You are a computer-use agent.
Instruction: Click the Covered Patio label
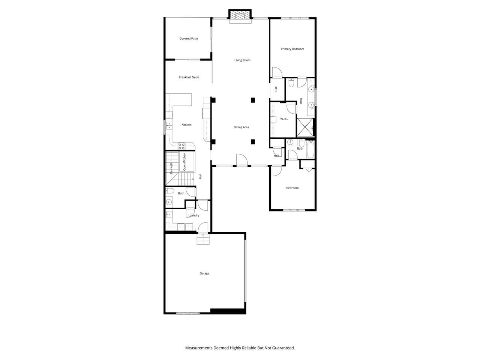click(x=189, y=39)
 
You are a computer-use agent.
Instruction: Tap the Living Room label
click(x=242, y=60)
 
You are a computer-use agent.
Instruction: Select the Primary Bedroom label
click(x=292, y=49)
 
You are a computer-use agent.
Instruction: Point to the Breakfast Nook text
click(x=189, y=77)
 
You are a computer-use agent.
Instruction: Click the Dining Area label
click(x=241, y=127)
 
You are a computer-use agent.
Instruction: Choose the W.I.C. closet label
click(x=284, y=119)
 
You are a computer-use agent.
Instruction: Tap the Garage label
click(x=204, y=273)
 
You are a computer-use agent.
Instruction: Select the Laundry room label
click(x=194, y=216)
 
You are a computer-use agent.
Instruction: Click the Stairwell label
click(x=171, y=169)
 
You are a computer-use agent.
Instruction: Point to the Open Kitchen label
click(x=184, y=162)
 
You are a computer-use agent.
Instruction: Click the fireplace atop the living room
click(x=240, y=14)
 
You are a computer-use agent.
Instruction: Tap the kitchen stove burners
click(x=181, y=146)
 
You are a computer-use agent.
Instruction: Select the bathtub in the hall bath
click(x=310, y=149)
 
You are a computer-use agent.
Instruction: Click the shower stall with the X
click(x=305, y=127)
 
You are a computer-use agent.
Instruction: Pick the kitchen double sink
click(x=169, y=126)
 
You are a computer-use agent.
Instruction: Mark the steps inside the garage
click(x=203, y=239)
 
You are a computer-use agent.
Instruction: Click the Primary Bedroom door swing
click(x=277, y=72)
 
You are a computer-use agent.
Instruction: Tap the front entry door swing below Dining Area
click(x=242, y=160)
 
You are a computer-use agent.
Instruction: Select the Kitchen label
click(x=186, y=124)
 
